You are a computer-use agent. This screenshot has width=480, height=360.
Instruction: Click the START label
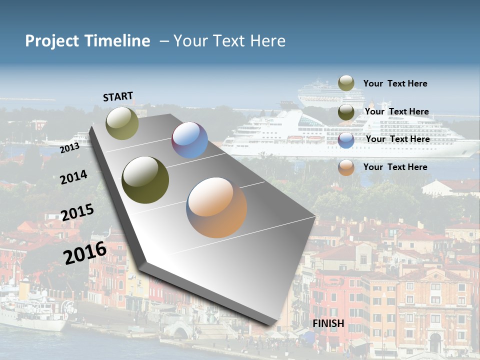pos(118,96)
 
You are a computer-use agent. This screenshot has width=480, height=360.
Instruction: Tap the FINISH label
pos(328,323)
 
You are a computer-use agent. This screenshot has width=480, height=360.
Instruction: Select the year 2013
pos(69,147)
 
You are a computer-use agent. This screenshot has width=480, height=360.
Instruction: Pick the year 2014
pos(74,177)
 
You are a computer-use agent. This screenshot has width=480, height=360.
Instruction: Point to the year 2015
pos(77,212)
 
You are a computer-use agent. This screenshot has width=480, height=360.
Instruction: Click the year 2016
pos(85,252)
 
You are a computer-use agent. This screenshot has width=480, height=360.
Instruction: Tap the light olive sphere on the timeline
pos(122,123)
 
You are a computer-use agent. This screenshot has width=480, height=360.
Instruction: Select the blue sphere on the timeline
pos(189,140)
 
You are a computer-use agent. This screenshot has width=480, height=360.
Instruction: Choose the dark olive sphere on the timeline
pos(145,179)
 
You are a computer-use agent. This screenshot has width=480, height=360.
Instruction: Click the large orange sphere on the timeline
pos(216,207)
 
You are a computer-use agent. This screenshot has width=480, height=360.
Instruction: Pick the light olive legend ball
pos(346,83)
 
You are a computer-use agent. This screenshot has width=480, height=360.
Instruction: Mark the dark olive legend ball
pos(346,112)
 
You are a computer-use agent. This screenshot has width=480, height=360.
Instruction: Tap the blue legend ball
pos(346,140)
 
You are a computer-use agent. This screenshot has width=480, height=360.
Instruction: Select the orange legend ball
pos(346,168)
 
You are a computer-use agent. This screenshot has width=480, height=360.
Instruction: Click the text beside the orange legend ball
pos(395,167)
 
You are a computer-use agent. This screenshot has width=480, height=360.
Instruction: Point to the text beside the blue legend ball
pos(397,139)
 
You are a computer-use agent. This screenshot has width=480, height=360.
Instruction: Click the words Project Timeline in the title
pos(87,41)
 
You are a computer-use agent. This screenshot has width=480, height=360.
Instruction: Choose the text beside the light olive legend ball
pos(395,83)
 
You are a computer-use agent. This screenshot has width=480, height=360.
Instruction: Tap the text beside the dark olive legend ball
pos(396,111)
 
